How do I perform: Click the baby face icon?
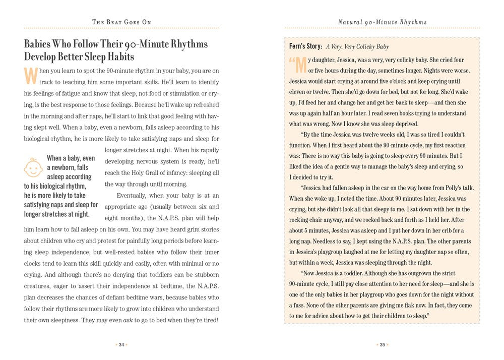pos(34,167)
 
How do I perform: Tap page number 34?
pos(121,345)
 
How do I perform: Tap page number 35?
pos(382,345)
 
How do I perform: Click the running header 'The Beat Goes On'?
pos(121,22)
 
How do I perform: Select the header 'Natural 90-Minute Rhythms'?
pos(382,22)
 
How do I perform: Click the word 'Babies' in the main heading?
pos(40,44)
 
